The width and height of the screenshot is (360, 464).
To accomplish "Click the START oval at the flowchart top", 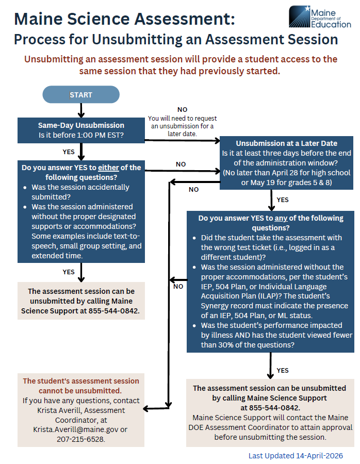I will click(81, 95).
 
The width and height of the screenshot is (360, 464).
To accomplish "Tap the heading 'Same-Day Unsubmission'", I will click(81, 125).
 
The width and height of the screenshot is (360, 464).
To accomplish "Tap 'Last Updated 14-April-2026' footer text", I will click(296, 456).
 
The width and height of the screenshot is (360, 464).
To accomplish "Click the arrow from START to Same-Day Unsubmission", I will click(81, 110).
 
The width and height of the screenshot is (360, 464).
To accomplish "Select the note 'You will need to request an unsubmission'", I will click(183, 122).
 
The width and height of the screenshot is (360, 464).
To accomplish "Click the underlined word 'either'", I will click(108, 168).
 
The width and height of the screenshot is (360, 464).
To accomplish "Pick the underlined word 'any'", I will click(281, 218).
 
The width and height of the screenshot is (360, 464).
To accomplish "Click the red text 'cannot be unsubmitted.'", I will click(81, 391).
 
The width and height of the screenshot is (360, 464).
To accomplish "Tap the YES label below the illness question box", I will click(283, 370).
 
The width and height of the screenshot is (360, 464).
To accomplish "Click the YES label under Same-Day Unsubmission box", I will click(69, 152).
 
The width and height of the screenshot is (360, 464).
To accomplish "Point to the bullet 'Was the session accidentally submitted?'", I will click(80, 192).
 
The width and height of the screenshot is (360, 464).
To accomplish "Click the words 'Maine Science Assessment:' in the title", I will click(124, 19).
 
